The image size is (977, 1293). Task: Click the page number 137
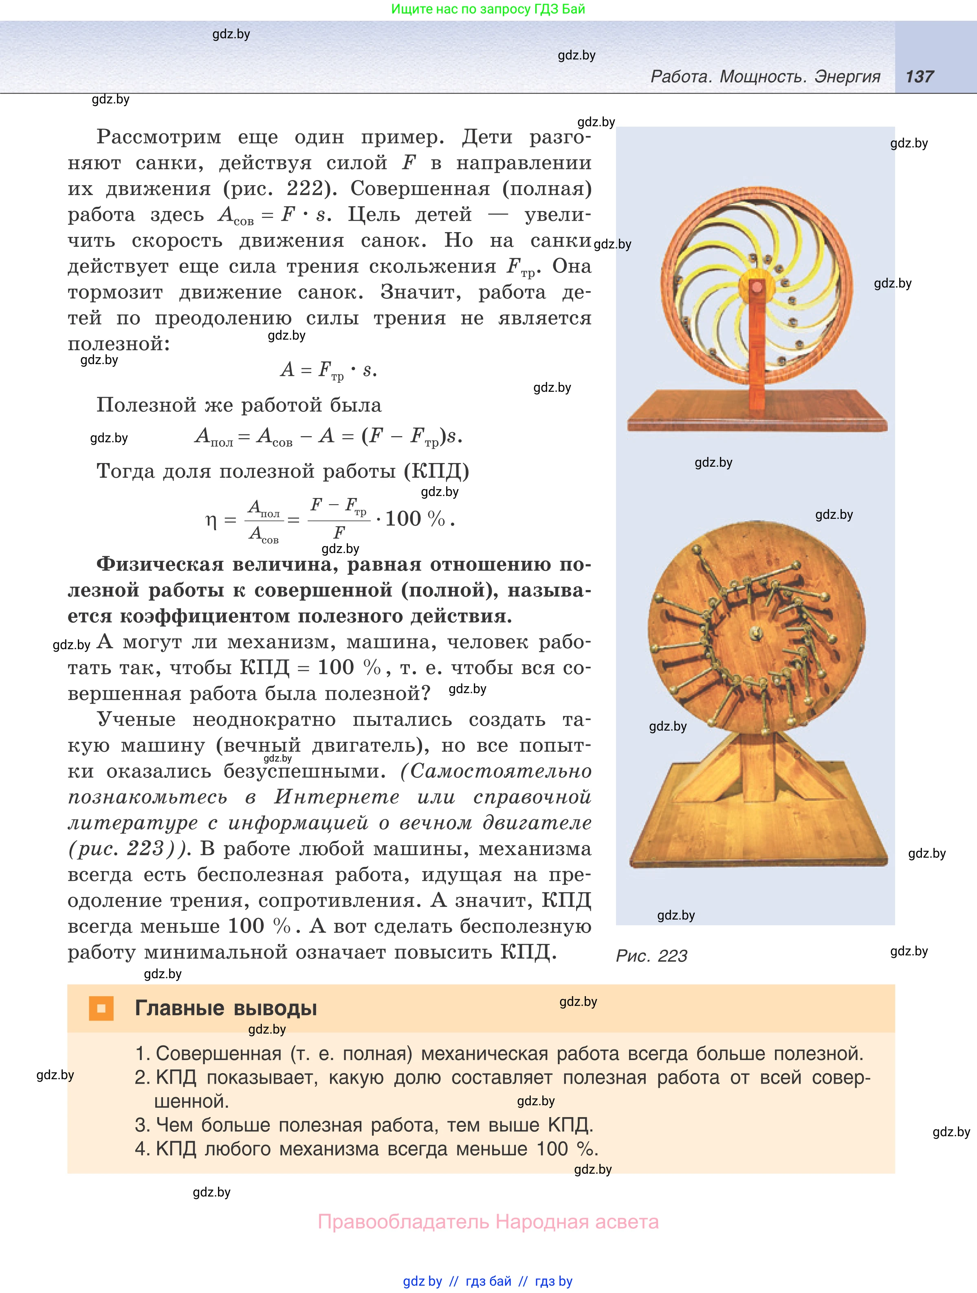click(919, 77)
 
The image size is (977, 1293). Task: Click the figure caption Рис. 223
click(651, 956)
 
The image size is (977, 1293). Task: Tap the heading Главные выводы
click(226, 1008)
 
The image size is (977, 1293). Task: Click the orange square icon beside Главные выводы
click(101, 1008)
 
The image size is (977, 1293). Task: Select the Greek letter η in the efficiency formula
click(211, 520)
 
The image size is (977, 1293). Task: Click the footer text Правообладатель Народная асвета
click(488, 1222)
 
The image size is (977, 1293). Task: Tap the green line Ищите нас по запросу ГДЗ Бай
click(488, 9)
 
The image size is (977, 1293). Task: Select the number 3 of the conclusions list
click(141, 1125)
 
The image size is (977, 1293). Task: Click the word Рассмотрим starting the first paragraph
click(159, 137)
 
